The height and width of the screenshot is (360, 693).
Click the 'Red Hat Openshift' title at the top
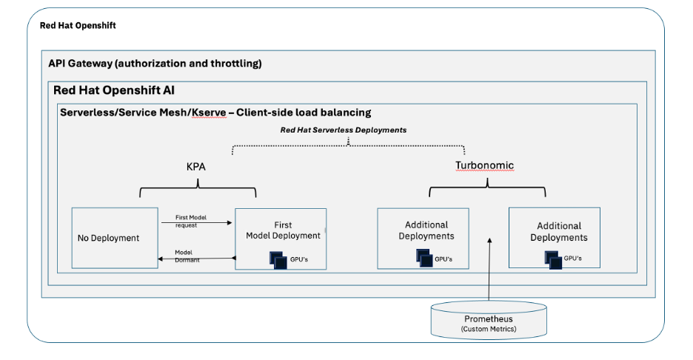tap(78, 26)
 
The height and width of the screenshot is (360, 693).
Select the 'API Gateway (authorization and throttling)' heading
tap(155, 64)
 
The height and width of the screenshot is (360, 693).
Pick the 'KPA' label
tap(197, 167)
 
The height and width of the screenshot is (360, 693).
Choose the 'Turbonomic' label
tap(484, 165)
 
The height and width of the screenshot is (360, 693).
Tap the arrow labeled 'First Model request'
tap(196, 222)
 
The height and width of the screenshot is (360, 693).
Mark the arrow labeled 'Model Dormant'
tap(196, 259)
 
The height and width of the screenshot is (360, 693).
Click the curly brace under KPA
tap(197, 188)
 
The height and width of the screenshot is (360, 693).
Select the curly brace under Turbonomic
tap(486, 188)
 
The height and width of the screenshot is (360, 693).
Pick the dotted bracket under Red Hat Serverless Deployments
tap(348, 145)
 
